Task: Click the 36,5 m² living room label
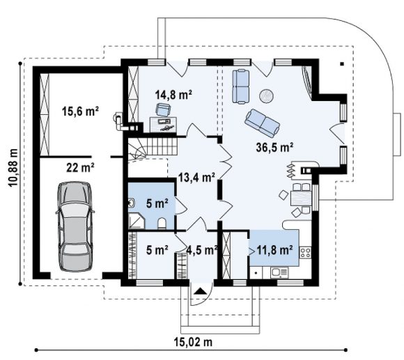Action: (x=274, y=148)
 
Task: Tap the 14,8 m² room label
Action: (x=173, y=95)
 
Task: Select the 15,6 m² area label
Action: (x=80, y=111)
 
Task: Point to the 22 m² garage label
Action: (x=80, y=168)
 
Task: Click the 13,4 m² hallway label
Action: (x=197, y=178)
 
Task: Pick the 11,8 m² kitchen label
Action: (x=274, y=250)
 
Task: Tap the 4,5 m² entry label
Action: (x=202, y=250)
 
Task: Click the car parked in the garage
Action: (x=75, y=226)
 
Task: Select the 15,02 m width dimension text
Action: (x=193, y=342)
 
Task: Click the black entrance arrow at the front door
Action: (x=201, y=291)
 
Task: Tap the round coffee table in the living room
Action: (x=266, y=96)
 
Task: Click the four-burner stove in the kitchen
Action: (x=305, y=252)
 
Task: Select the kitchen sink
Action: (x=279, y=273)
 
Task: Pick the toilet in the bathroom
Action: (x=162, y=224)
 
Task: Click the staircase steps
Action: (x=153, y=149)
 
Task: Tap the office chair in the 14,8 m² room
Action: (x=163, y=110)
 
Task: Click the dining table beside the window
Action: (x=301, y=198)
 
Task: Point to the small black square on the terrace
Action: (x=342, y=64)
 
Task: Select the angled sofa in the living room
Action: (x=263, y=123)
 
